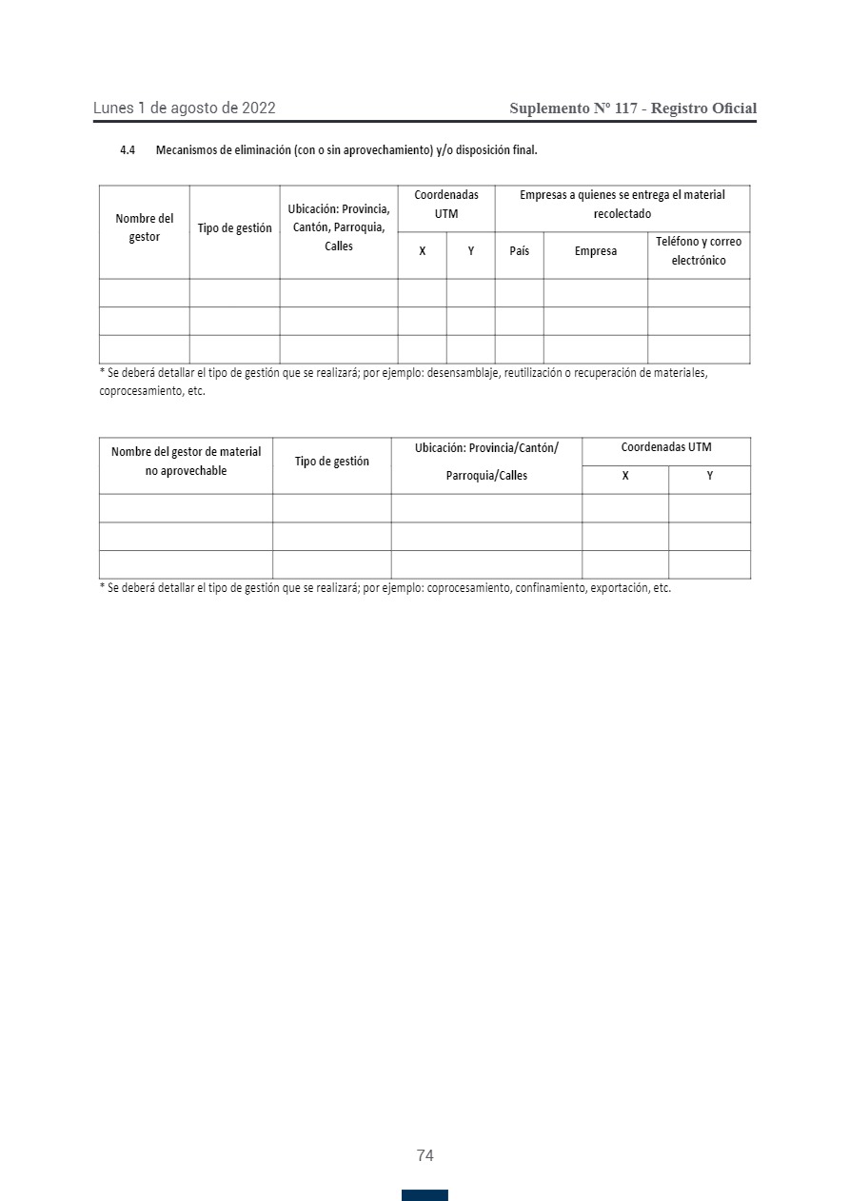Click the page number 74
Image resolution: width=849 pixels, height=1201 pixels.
click(x=424, y=1155)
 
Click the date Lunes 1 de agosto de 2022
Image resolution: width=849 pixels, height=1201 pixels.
click(x=185, y=108)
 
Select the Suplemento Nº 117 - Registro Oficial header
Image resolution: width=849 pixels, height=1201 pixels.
click(x=633, y=108)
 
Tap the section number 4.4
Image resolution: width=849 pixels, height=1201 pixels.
click(x=128, y=150)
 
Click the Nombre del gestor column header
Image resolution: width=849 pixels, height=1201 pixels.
click(x=145, y=228)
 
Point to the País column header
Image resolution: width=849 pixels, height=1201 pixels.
click(x=520, y=251)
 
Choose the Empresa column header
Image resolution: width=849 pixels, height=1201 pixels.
click(x=596, y=251)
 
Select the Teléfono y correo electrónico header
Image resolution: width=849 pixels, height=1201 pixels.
click(x=699, y=251)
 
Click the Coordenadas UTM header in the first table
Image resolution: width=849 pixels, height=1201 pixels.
click(x=446, y=205)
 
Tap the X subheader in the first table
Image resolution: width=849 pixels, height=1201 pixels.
click(x=423, y=251)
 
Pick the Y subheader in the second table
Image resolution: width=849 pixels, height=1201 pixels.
click(x=710, y=476)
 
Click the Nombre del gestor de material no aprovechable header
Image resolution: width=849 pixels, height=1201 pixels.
click(x=186, y=462)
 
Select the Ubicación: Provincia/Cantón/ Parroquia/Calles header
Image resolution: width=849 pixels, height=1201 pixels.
click(x=486, y=462)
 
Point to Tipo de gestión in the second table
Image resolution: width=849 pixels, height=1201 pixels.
click(x=332, y=462)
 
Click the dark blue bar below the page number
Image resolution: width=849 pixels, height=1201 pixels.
click(x=424, y=1195)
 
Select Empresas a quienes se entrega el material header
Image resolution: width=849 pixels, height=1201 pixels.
click(x=622, y=205)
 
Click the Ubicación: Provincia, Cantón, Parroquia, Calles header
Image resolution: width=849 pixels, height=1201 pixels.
click(x=339, y=227)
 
